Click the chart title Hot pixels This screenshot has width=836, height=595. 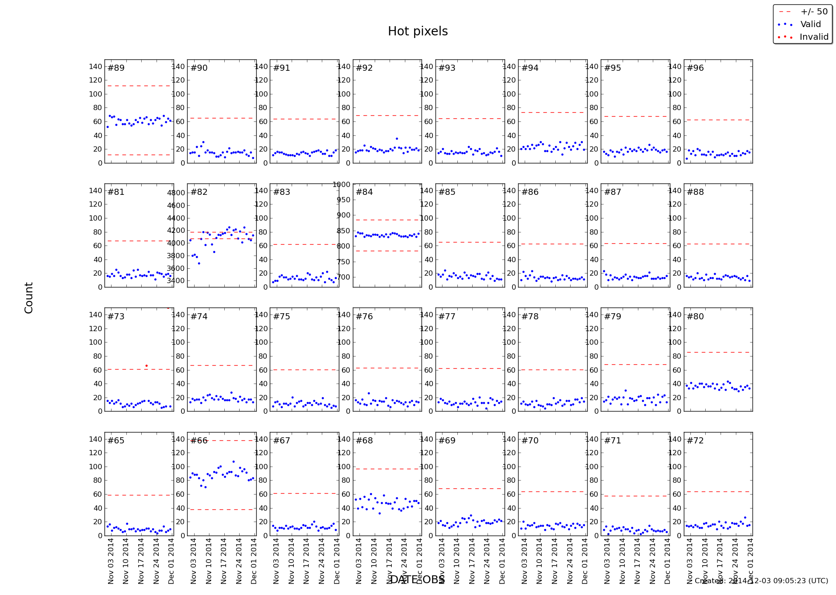click(x=418, y=31)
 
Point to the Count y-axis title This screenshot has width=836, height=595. click(x=29, y=297)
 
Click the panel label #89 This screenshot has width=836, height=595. click(x=116, y=68)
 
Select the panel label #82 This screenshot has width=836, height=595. click(x=199, y=192)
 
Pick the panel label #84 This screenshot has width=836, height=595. click(x=364, y=192)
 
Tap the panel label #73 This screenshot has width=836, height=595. click(x=116, y=316)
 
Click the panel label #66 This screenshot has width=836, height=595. click(x=199, y=441)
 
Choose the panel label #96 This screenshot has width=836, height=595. click(x=695, y=68)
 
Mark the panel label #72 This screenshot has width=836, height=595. click(x=695, y=441)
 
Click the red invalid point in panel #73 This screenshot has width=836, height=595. click(x=146, y=366)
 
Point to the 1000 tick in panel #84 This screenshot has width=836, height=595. click(x=341, y=185)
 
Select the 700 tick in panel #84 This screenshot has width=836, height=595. click(x=343, y=277)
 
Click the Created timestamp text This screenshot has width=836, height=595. click(x=761, y=581)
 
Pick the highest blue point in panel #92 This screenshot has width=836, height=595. click(x=397, y=139)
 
